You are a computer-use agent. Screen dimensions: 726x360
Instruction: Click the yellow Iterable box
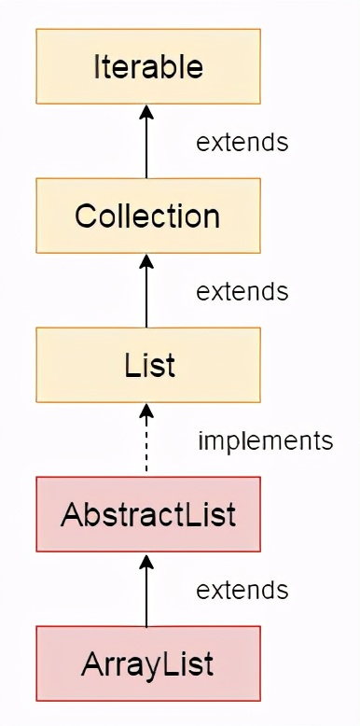tap(147, 66)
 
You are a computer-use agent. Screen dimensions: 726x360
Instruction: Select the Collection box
tap(147, 216)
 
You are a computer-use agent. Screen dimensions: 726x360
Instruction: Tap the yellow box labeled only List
tap(147, 365)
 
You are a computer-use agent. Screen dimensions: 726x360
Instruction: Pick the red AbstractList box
tap(147, 514)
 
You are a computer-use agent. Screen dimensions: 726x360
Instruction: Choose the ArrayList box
tap(147, 663)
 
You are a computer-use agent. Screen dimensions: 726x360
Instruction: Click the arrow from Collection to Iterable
tap(147, 145)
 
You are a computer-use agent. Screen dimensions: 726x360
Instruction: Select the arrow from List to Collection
tap(147, 294)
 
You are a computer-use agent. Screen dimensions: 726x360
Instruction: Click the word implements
tap(265, 440)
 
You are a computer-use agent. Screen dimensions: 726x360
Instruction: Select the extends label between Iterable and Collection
tap(242, 143)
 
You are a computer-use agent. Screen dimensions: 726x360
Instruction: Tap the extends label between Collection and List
tap(242, 291)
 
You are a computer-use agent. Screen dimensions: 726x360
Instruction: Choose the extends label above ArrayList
tap(242, 590)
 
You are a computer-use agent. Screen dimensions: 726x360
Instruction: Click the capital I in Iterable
tap(98, 66)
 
